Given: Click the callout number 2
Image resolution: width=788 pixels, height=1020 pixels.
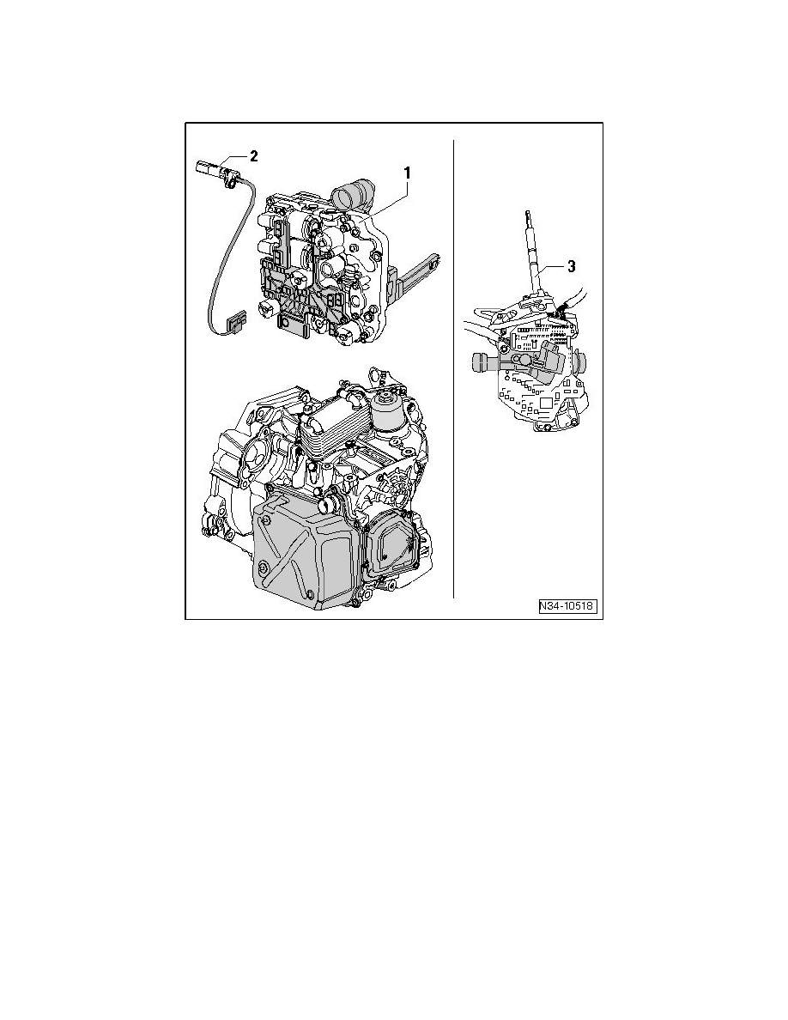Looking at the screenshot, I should pos(253,156).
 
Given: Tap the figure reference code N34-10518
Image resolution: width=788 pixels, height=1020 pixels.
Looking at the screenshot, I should pos(567,607).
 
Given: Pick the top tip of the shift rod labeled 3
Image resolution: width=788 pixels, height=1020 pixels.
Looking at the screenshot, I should pos(524,215).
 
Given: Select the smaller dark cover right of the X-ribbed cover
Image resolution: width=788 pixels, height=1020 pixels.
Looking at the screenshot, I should pos(391,550).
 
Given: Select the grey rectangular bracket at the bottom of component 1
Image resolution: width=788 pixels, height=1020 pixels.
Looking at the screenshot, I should pos(292,325).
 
